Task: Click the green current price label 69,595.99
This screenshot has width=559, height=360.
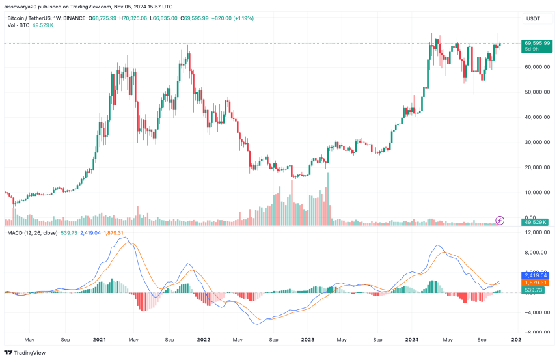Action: [x=537, y=43]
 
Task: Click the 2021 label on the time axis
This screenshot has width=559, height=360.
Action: [x=100, y=339]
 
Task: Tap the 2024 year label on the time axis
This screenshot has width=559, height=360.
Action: [x=411, y=339]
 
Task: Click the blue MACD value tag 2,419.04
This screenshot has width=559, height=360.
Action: [x=536, y=275]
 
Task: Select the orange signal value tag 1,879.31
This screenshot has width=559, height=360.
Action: [x=536, y=283]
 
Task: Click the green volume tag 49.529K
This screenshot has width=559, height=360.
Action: [x=536, y=223]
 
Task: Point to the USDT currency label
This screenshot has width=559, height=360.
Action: [x=532, y=19]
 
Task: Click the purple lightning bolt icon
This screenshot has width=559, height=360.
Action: [x=500, y=220]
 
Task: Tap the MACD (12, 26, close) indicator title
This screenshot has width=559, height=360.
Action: [x=33, y=232]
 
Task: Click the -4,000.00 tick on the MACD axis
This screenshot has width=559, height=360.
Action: [x=536, y=312]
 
